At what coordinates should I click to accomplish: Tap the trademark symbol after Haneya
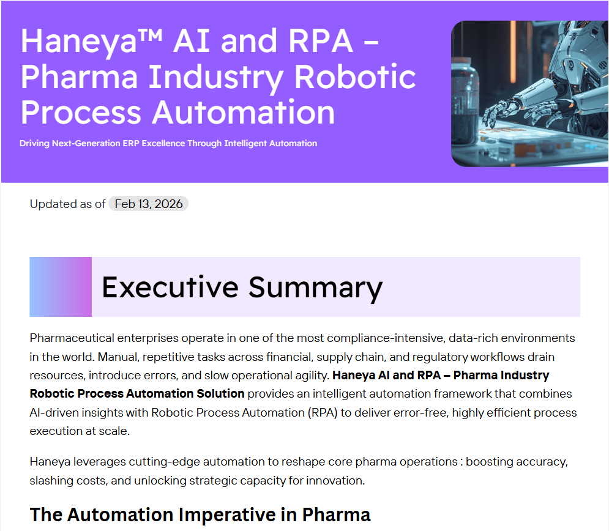(x=150, y=34)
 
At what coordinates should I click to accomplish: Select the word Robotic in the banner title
(x=355, y=76)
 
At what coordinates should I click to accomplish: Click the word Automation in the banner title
(x=243, y=112)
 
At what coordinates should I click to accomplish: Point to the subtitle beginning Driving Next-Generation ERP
(x=168, y=143)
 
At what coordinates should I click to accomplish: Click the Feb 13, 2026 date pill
(x=148, y=204)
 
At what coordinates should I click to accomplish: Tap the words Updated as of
(x=67, y=204)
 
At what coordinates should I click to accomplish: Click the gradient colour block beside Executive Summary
(x=61, y=287)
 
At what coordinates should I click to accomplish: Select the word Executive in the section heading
(x=170, y=288)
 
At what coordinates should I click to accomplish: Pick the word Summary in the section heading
(x=315, y=288)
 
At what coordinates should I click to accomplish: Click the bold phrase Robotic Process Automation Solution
(x=137, y=393)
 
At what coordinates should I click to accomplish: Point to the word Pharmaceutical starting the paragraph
(x=72, y=338)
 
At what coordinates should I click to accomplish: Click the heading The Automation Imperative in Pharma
(x=200, y=514)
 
